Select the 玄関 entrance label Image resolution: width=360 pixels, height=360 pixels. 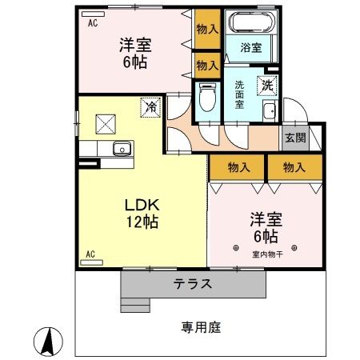(x=294, y=138)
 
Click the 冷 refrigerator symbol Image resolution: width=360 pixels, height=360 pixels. (x=149, y=106)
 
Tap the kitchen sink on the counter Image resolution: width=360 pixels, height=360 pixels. (x=122, y=147)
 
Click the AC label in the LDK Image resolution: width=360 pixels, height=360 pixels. (x=90, y=254)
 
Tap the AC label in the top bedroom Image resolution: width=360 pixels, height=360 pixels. (x=92, y=23)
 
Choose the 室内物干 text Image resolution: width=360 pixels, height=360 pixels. (x=268, y=254)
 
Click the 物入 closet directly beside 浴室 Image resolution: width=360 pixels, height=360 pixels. (x=206, y=30)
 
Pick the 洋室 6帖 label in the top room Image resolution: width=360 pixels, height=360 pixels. (x=133, y=52)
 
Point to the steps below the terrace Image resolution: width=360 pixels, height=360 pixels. (x=134, y=302)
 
